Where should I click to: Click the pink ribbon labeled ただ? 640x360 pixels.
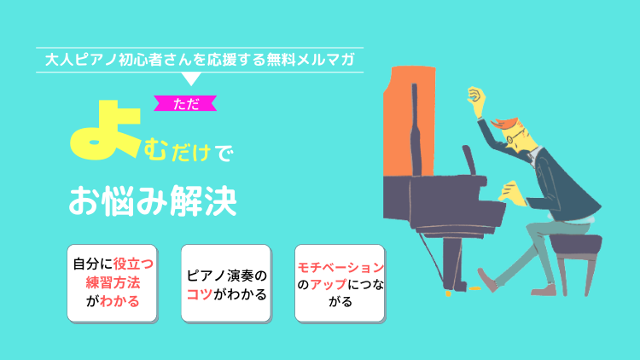pos(185,104)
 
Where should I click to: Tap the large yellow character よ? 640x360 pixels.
pos(105,130)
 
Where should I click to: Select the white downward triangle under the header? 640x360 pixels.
pos(190,78)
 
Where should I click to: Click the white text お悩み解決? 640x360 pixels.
pos(153,200)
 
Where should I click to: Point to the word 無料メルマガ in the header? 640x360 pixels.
pos(311,60)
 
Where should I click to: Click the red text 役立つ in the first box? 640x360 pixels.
pos(133,264)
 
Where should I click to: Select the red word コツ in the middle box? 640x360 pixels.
pos(200,293)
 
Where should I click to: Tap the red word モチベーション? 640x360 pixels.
pos(340,267)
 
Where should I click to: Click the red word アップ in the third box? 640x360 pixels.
pos(329,284)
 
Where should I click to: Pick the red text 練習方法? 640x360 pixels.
pos(113,282)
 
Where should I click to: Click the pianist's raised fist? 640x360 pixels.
pos(476,98)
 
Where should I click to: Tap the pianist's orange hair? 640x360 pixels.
pos(505,123)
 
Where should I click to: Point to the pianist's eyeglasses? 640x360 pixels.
pos(513,137)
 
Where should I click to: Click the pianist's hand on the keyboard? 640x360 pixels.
pos(511,194)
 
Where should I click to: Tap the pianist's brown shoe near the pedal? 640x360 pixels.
pos(487,279)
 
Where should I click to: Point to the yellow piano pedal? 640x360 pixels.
pos(474,288)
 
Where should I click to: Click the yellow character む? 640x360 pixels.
pos(155,149)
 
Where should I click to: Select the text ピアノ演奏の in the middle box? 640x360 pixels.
pos(226,276)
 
